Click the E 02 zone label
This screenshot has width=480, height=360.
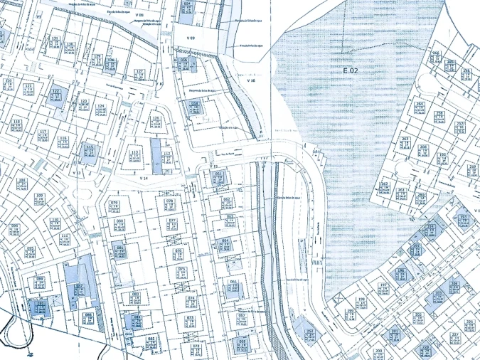(x=349, y=70)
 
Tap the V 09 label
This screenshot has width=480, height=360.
(x=191, y=36)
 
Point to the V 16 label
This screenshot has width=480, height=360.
(x=250, y=80)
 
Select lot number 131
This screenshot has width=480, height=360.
(x=55, y=38)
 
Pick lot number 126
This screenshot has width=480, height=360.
(x=156, y=118)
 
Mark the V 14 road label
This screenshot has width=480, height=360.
(x=143, y=177)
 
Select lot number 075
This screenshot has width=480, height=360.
(x=179, y=251)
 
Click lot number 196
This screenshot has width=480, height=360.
(x=400, y=271)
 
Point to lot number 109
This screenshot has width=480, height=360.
(x=39, y=196)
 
